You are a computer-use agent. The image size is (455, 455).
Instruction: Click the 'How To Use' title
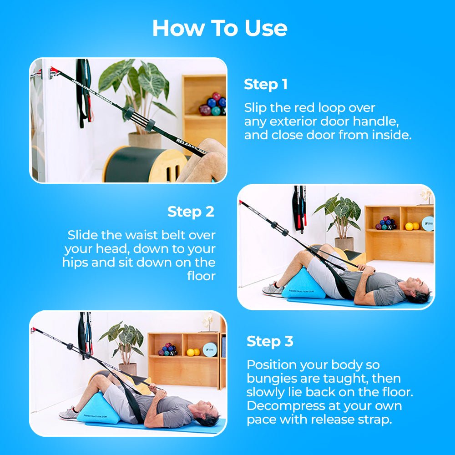point(220,28)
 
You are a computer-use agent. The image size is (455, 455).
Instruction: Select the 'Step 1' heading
point(266,85)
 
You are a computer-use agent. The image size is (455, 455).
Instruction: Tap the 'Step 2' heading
point(191,212)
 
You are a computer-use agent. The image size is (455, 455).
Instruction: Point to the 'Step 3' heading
point(270,341)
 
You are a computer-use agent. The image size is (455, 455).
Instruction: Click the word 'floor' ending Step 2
point(201,276)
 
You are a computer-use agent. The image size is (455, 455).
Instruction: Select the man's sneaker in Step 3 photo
point(69,413)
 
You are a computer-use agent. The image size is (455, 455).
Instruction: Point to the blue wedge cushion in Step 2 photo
point(303,284)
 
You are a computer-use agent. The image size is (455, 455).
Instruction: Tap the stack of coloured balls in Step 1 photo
point(213,105)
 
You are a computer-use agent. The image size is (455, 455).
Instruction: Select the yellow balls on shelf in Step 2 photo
point(412,226)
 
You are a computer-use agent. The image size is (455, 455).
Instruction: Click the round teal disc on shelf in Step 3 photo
point(210,349)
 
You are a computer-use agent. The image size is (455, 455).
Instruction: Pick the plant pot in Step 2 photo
point(344,243)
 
